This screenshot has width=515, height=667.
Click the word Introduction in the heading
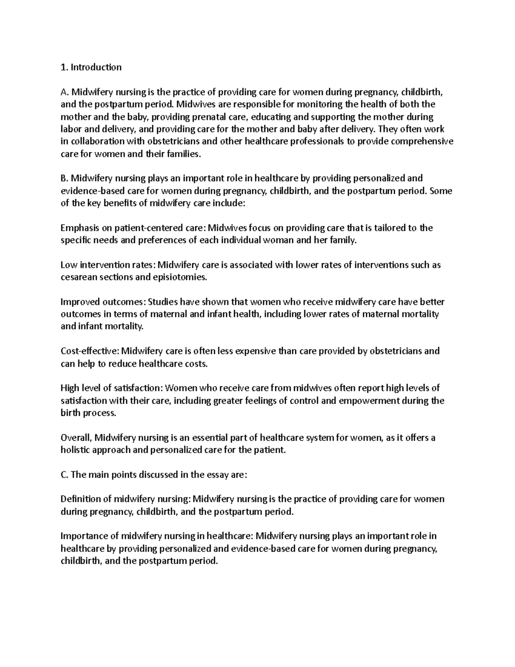(x=96, y=67)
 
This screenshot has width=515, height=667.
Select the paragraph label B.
(x=64, y=178)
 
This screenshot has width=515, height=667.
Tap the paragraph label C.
(x=64, y=475)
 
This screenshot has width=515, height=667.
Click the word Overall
(x=76, y=438)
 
